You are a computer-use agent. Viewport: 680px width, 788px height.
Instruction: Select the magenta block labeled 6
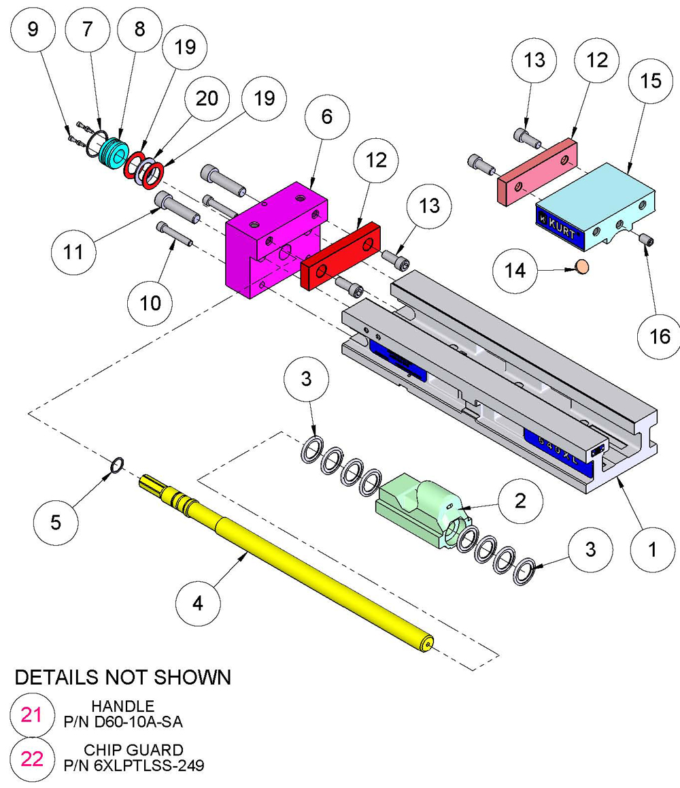(272, 238)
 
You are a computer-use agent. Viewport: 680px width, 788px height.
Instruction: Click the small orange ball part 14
(582, 266)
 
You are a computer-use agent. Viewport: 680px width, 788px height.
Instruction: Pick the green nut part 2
(422, 510)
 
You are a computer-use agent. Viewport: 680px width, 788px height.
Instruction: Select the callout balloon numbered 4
(198, 603)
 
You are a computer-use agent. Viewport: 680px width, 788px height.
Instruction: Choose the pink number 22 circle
(32, 758)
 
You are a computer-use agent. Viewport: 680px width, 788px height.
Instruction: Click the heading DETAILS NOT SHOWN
(122, 677)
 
